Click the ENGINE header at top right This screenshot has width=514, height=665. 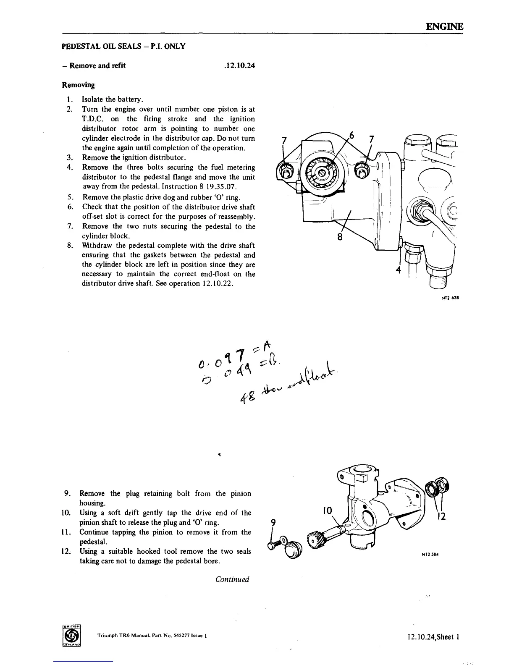444,26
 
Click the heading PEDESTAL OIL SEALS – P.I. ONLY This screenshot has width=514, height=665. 123,46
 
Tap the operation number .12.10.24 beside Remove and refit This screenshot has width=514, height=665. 240,65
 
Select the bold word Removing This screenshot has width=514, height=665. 78,85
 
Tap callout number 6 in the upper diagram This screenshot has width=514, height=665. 352,135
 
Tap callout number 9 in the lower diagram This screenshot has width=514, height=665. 273,522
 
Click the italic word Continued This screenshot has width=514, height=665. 232,579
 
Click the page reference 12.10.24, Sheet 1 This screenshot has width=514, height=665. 433,637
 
